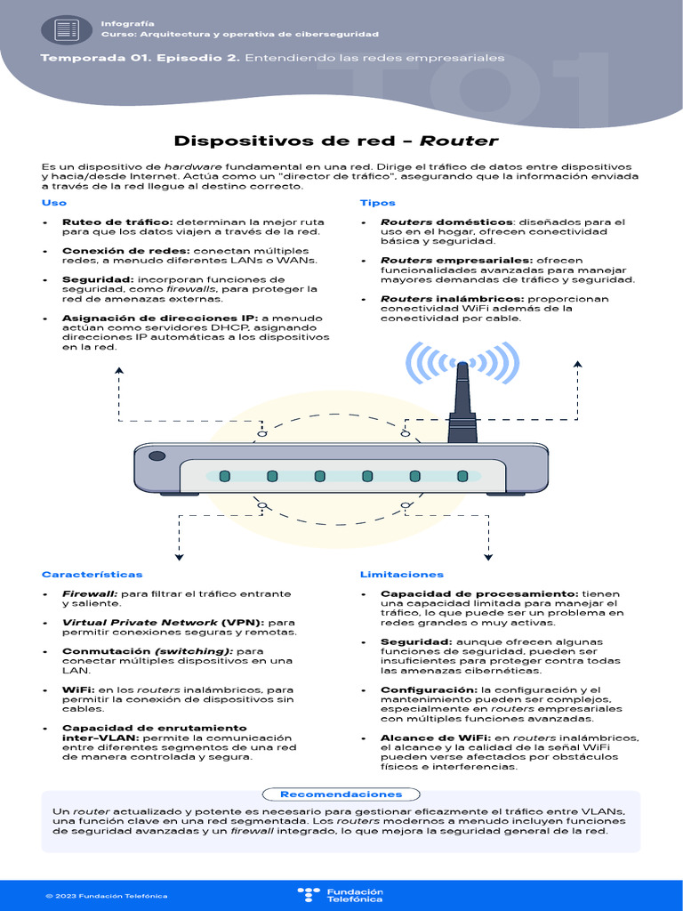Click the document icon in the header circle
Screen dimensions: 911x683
[67, 29]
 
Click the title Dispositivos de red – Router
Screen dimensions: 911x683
[336, 141]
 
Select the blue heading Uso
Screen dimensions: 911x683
[53, 203]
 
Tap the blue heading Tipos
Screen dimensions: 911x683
[377, 203]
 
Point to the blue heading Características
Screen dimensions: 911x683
[92, 575]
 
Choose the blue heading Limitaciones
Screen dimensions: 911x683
[401, 575]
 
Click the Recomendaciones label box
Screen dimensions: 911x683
[341, 794]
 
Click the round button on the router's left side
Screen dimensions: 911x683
[157, 456]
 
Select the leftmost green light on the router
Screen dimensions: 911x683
[225, 477]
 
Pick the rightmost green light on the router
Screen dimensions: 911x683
[462, 477]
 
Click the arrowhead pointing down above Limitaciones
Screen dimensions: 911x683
[488, 557]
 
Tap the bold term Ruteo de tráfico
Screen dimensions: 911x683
[117, 222]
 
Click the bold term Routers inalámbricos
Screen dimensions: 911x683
[454, 299]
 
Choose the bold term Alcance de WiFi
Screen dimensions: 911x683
[436, 738]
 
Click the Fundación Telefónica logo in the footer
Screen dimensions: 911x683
[341, 895]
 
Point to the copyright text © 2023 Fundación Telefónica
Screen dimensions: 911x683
[106, 896]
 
